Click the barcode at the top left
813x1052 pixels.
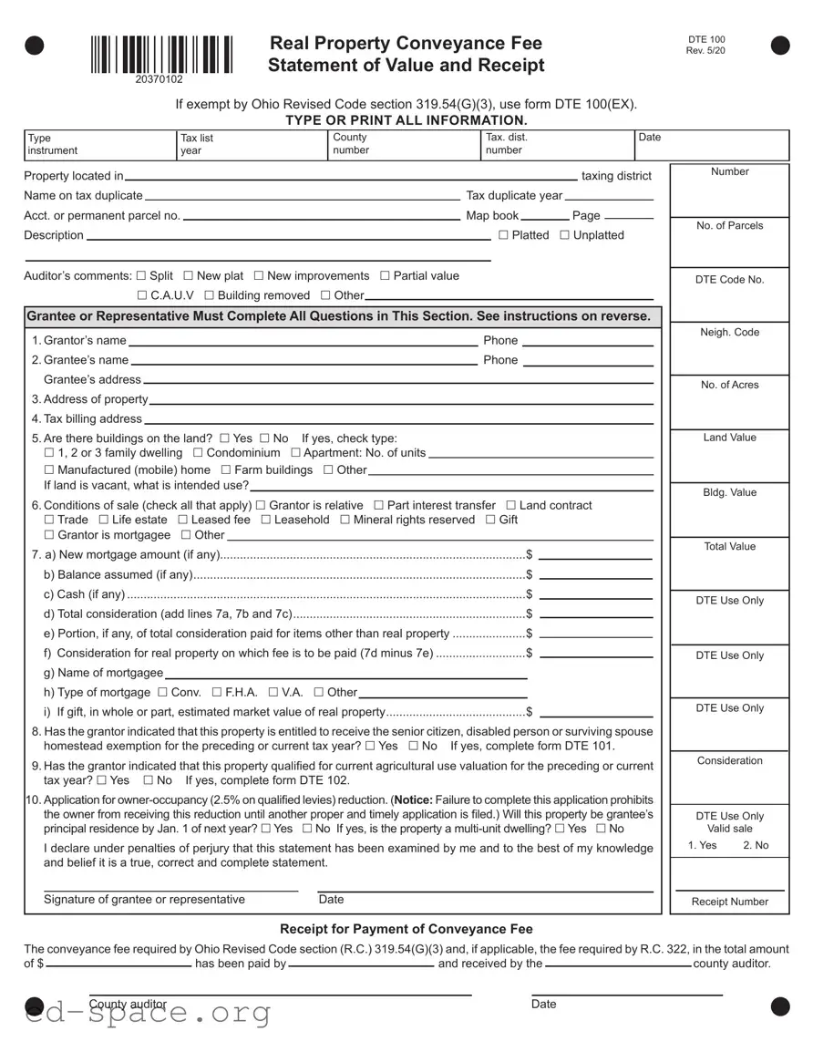(161, 55)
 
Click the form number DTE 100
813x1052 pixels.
(706, 39)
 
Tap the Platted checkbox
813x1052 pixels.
(504, 235)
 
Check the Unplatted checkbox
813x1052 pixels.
(564, 235)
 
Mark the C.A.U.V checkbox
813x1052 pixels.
(142, 295)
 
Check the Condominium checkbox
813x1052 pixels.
(198, 453)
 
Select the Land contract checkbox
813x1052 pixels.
(511, 506)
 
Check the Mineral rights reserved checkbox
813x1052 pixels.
(345, 520)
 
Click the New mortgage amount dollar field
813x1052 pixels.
(595, 556)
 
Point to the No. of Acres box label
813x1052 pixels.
(729, 385)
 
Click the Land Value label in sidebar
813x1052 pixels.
(729, 438)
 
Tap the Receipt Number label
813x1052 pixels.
(729, 902)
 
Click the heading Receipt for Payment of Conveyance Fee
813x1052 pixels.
(406, 929)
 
